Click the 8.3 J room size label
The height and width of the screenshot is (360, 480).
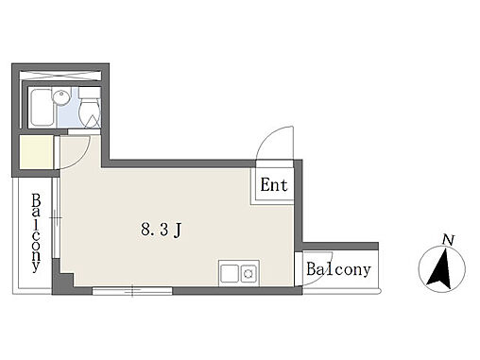(x=161, y=230)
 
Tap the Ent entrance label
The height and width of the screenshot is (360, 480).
(x=274, y=185)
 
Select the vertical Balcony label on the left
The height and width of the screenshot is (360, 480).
(x=36, y=233)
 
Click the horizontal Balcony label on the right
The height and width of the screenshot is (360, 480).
(x=338, y=269)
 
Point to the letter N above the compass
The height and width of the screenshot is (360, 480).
(x=448, y=240)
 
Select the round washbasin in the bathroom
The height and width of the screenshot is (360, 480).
(x=61, y=96)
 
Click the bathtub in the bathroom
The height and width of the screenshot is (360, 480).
(x=41, y=108)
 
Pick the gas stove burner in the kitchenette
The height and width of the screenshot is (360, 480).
(x=249, y=273)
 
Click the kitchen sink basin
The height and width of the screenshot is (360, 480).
(x=230, y=273)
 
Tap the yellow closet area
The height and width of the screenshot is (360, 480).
(x=37, y=152)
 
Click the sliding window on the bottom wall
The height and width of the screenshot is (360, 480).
(x=132, y=291)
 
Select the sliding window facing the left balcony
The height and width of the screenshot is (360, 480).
(x=56, y=218)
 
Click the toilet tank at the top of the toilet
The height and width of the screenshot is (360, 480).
(x=90, y=93)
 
